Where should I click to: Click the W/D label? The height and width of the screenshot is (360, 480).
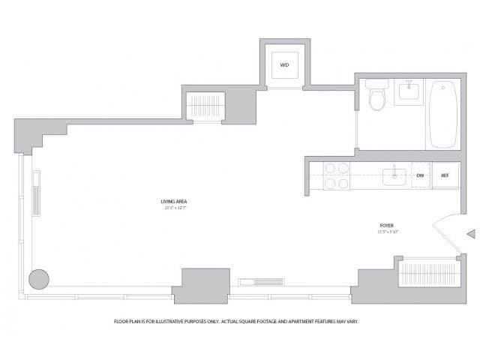[284, 65]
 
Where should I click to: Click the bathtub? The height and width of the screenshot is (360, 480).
[442, 115]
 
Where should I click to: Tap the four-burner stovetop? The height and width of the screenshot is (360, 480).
[337, 175]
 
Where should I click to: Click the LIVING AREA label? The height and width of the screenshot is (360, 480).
[173, 201]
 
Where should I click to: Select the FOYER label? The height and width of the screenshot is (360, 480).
[387, 225]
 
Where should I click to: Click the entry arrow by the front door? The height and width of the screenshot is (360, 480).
[471, 234]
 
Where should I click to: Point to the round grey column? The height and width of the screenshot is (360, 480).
[39, 279]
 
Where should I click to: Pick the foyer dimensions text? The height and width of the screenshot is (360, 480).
[387, 232]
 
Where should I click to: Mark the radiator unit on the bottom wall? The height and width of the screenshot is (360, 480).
[262, 282]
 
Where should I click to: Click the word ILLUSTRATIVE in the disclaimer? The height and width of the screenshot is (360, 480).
[176, 321]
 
